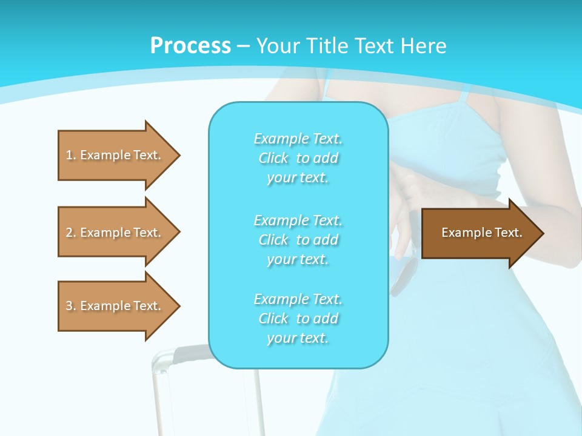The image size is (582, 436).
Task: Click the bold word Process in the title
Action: pos(190,46)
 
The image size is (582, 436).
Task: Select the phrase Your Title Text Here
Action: pos(351,46)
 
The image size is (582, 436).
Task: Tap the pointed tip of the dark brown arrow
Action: pos(542,233)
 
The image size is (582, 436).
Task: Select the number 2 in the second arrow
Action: pos(69,233)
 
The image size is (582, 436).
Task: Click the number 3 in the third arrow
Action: pos(69,306)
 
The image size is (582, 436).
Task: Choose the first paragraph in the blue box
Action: pos(298,158)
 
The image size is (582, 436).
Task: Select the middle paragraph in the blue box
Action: pos(298,240)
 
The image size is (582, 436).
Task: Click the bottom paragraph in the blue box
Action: pos(298,319)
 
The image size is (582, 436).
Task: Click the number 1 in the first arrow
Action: pos(69,155)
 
